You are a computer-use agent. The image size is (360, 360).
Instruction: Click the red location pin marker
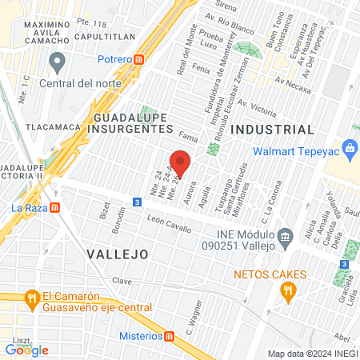click(x=181, y=162)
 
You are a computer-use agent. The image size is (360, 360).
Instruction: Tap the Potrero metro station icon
click(x=139, y=58)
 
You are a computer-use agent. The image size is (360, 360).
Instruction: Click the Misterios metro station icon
click(x=170, y=336)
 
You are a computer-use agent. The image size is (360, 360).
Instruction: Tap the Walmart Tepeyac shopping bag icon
click(x=350, y=148)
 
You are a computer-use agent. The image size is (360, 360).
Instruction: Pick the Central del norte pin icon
click(x=57, y=61)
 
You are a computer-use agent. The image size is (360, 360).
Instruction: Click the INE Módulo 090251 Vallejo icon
click(x=285, y=237)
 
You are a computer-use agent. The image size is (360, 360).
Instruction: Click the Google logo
click(x=27, y=350)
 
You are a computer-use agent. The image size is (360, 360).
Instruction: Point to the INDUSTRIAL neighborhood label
click(x=272, y=130)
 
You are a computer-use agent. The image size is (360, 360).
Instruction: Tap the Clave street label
click(x=122, y=281)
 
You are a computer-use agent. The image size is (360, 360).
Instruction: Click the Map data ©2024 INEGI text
click(x=312, y=354)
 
